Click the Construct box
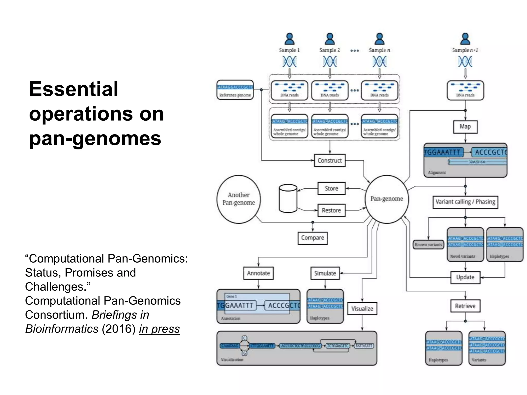330,160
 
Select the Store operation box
331,188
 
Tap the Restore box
331,210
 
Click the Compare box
312,238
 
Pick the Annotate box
258,273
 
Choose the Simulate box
325,273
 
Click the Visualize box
362,309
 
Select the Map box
465,127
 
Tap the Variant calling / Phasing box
465,202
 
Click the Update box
465,277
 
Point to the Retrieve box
465,306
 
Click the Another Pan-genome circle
239,199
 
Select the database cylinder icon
288,199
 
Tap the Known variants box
428,245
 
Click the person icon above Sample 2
330,39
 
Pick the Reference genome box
235,90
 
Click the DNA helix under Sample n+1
465,62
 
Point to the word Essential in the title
74,89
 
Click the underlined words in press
159,329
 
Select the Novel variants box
465,245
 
